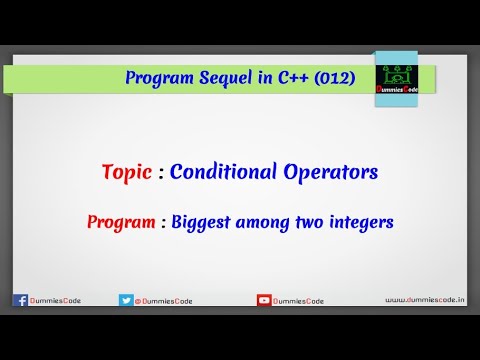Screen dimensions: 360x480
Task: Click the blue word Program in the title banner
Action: (x=160, y=78)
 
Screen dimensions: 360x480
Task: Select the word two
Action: (x=313, y=221)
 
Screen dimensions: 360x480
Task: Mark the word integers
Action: (x=366, y=221)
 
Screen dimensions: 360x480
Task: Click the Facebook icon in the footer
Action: (x=19, y=299)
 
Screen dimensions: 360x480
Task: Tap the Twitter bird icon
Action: (x=126, y=299)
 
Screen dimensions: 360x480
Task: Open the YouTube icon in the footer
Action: (x=264, y=299)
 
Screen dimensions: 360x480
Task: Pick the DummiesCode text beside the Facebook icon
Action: (x=55, y=299)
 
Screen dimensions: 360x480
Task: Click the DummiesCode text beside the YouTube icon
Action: (x=300, y=299)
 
